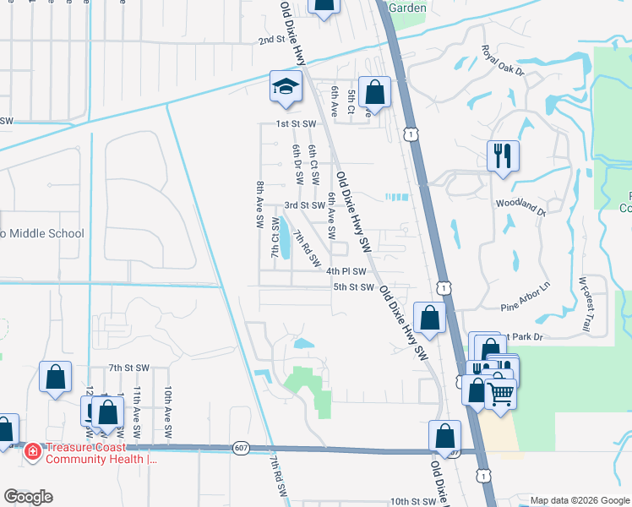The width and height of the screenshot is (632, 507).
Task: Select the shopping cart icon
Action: [x=501, y=392]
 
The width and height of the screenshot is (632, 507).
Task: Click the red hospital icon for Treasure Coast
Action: [x=33, y=452]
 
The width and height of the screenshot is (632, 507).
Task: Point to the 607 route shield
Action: [x=241, y=448]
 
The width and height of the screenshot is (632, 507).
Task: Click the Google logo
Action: [x=28, y=497]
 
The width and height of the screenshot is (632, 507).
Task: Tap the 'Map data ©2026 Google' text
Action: [x=579, y=500]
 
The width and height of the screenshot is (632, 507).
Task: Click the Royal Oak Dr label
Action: [x=503, y=61]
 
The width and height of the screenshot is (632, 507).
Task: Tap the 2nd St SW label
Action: [x=280, y=41]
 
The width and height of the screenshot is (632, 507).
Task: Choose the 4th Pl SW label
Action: [x=346, y=272]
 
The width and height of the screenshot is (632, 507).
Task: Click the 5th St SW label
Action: [x=353, y=287]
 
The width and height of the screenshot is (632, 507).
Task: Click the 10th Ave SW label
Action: [x=169, y=412]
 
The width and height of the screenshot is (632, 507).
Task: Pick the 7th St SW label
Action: [x=128, y=368]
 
